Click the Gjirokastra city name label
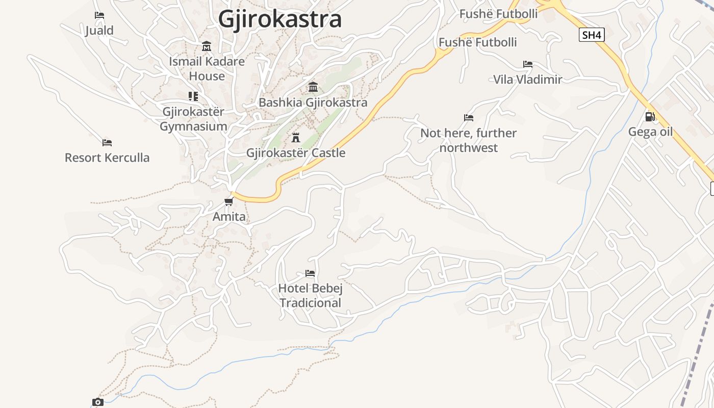279,19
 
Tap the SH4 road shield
592,35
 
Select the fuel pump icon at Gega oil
650,117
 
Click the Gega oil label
650,132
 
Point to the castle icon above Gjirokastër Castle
295,137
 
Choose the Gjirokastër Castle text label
296,153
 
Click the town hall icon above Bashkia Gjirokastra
313,87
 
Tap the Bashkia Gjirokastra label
313,103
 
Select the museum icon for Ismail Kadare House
207,46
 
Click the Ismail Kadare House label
207,68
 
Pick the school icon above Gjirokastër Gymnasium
193,96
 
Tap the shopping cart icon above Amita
228,201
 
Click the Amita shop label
229,217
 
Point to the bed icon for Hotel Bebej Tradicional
310,273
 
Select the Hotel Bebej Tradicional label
310,296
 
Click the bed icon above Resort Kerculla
107,142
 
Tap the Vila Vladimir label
527,80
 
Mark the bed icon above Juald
99,15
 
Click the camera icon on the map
97,402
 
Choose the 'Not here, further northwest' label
468,140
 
